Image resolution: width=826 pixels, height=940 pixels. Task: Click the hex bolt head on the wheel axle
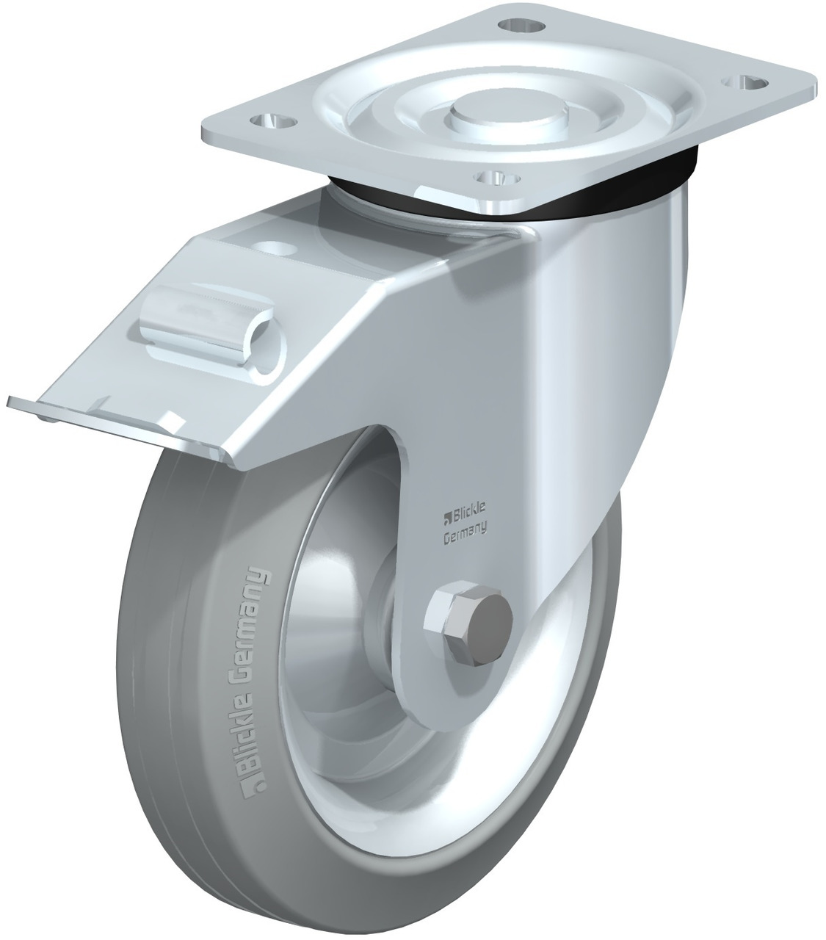(469, 621)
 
